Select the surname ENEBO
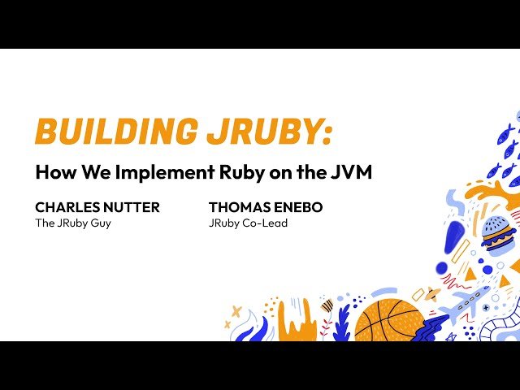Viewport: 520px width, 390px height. (300, 207)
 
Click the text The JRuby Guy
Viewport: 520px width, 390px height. (72, 223)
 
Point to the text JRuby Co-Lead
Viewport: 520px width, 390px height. (248, 223)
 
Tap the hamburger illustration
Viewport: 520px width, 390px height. (497, 234)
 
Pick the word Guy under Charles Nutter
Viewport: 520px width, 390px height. (99, 223)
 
